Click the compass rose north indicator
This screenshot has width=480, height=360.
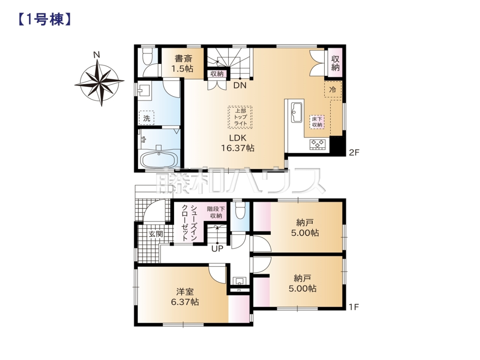pyautogui.click(x=96, y=55)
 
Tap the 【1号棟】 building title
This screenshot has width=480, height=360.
pyautogui.click(x=45, y=20)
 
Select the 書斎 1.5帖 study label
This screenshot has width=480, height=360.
pyautogui.click(x=182, y=64)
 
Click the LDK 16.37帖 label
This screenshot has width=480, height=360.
pyautogui.click(x=238, y=143)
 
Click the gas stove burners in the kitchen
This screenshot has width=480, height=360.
pyautogui.click(x=318, y=145)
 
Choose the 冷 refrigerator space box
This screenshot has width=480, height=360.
pyautogui.click(x=333, y=89)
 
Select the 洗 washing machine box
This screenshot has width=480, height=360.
pyautogui.click(x=146, y=118)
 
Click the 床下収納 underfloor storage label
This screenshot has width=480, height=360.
pyautogui.click(x=317, y=122)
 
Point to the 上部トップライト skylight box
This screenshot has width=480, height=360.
pyautogui.click(x=240, y=117)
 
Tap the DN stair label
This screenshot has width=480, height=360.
pyautogui.click(x=240, y=85)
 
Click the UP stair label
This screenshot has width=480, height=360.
pyautogui.click(x=217, y=248)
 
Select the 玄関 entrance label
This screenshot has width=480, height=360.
pyautogui.click(x=156, y=234)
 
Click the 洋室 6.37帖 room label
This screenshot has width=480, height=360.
pyautogui.click(x=185, y=297)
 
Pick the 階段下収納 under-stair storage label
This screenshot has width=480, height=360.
pyautogui.click(x=216, y=212)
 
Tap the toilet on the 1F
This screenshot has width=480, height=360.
pyautogui.click(x=240, y=210)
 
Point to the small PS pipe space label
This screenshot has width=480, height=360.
pyautogui.click(x=239, y=290)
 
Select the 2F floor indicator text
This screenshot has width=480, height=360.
pyautogui.click(x=354, y=152)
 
